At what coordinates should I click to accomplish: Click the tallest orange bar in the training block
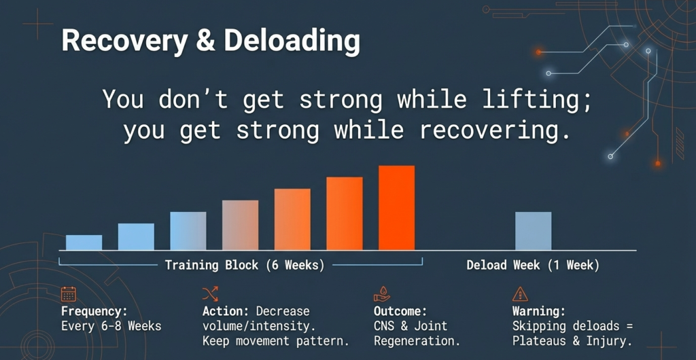(396, 208)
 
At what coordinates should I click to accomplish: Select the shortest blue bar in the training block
(84, 242)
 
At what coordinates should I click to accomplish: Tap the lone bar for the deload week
(533, 231)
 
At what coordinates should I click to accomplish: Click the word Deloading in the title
(292, 42)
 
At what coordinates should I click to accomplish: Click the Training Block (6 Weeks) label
(244, 265)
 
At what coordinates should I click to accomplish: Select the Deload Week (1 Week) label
(533, 265)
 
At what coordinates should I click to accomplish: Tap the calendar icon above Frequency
(69, 294)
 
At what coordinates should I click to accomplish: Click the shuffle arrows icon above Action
(210, 294)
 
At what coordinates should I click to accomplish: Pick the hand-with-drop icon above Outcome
(381, 294)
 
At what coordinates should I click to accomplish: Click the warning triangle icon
(520, 294)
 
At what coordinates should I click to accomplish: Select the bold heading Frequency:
(94, 312)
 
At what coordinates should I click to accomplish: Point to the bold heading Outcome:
(400, 312)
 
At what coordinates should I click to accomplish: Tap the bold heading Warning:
(539, 312)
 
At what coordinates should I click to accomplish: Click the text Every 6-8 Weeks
(111, 326)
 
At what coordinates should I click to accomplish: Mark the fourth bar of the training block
(240, 225)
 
